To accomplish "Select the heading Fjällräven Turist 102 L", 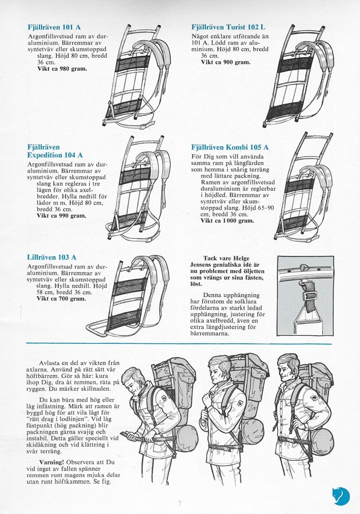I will [229, 26].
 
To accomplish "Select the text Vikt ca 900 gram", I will [225, 62].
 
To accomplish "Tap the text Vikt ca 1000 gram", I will [227, 220].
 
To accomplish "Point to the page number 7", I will [179, 503].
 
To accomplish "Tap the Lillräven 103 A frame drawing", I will [129, 297].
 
